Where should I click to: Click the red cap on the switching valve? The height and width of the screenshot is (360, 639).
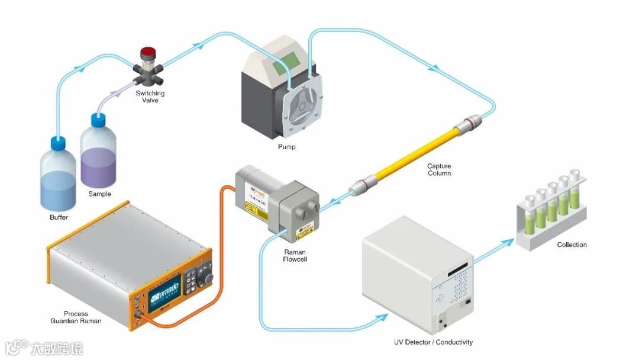point(146,52)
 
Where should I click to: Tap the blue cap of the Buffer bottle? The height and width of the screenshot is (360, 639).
point(57,143)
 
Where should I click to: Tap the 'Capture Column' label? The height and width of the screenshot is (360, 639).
point(439,170)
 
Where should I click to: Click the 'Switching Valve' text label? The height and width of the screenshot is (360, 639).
point(150,97)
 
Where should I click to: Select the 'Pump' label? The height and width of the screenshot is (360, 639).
point(287,147)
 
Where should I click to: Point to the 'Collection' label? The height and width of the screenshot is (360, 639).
point(572,245)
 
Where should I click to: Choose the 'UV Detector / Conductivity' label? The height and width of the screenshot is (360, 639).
point(434,342)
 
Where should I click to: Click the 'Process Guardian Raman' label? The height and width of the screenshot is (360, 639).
point(76,317)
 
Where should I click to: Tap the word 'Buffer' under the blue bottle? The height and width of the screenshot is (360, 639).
point(59,217)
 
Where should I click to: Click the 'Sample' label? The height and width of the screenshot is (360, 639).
point(99,194)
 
